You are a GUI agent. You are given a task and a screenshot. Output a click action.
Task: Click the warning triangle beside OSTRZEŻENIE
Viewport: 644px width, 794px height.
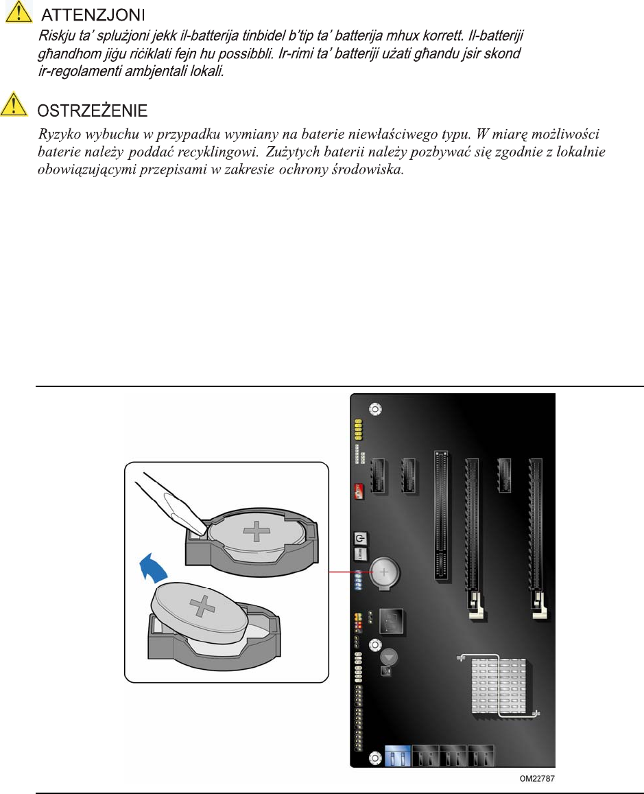(x=14, y=104)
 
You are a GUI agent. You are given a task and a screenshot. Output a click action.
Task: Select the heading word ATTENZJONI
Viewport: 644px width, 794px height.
(x=93, y=15)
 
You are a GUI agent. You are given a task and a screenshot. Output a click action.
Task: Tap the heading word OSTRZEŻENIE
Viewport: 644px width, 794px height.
(x=93, y=110)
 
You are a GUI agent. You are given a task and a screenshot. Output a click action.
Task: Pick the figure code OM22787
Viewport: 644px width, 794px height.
(x=537, y=778)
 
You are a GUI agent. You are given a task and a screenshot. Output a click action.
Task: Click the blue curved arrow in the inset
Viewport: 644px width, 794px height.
(x=153, y=568)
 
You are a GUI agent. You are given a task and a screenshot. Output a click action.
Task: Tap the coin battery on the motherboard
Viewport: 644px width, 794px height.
(x=384, y=573)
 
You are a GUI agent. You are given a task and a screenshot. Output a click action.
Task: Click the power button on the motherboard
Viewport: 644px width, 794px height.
(x=359, y=538)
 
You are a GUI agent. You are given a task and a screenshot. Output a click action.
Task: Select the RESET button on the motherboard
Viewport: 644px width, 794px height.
(x=359, y=553)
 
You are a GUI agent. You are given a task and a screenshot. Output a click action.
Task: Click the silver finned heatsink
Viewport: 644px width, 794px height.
(x=499, y=686)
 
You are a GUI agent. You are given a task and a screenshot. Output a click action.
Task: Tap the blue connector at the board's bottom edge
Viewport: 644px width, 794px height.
(x=398, y=756)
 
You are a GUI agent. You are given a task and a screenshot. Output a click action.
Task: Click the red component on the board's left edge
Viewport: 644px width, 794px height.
(x=358, y=491)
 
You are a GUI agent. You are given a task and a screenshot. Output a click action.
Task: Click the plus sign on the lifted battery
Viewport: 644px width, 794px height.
(x=202, y=605)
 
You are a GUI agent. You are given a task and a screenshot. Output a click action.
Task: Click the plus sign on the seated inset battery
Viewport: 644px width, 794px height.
(x=257, y=532)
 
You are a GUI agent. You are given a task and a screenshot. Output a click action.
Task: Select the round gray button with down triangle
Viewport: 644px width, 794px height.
(x=388, y=657)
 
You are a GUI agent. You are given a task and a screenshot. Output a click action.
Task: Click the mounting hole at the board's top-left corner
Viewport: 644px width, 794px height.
(x=375, y=409)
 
